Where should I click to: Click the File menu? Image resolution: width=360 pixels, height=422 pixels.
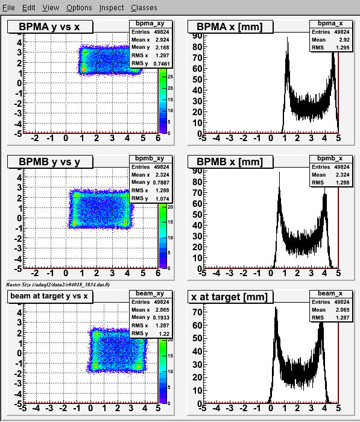pyautogui.click(x=8, y=7)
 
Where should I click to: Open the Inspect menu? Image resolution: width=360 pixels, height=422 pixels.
pyautogui.click(x=112, y=7)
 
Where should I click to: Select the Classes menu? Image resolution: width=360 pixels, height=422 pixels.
pyautogui.click(x=144, y=7)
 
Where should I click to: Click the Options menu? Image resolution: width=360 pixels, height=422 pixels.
pyautogui.click(x=79, y=7)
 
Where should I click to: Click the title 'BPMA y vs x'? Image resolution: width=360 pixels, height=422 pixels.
pyautogui.click(x=49, y=27)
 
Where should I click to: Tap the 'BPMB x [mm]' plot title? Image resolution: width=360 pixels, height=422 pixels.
pyautogui.click(x=230, y=162)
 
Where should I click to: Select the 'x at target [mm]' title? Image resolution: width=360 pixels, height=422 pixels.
pyautogui.click(x=229, y=297)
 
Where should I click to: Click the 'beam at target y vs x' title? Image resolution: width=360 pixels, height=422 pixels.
pyautogui.click(x=49, y=296)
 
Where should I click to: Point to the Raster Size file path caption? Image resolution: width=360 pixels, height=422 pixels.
pyautogui.click(x=58, y=285)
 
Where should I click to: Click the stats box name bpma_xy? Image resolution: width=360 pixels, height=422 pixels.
pyautogui.click(x=150, y=24)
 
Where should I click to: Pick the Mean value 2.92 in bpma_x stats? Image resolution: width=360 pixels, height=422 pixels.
pyautogui.click(x=344, y=40)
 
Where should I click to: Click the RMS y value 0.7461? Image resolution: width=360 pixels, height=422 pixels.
pyautogui.click(x=162, y=64)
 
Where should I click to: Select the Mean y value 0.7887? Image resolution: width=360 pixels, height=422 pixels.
pyautogui.click(x=161, y=183)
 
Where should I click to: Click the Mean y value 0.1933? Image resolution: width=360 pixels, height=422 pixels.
pyautogui.click(x=161, y=318)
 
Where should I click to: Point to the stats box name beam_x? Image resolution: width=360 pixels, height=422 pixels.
pyautogui.click(x=330, y=294)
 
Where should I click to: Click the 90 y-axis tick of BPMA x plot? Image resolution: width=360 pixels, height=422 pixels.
pyautogui.click(x=197, y=36)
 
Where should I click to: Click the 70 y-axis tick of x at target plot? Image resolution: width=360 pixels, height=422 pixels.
pyautogui.click(x=197, y=312)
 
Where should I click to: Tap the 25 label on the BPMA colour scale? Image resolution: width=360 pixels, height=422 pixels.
pyautogui.click(x=170, y=77)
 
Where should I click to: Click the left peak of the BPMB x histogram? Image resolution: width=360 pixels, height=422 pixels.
pyautogui.click(x=279, y=174)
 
